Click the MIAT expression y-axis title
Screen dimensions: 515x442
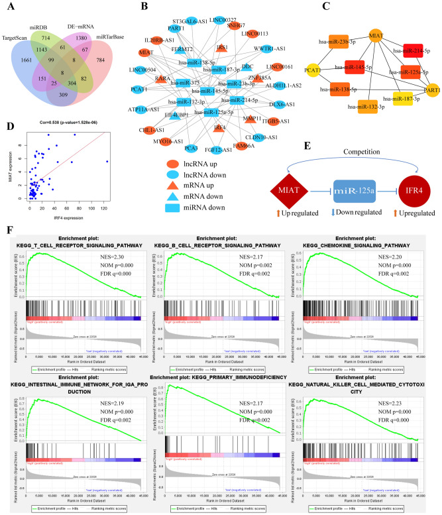12,160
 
